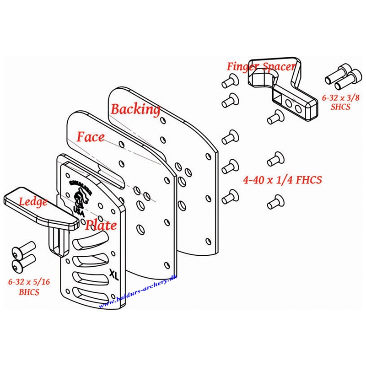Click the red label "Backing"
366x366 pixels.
[135, 109]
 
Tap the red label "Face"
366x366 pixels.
[91, 136]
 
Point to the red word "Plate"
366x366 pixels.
[101, 225]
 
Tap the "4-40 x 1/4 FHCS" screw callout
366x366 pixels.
[283, 180]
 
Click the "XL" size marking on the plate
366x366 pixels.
[113, 274]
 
